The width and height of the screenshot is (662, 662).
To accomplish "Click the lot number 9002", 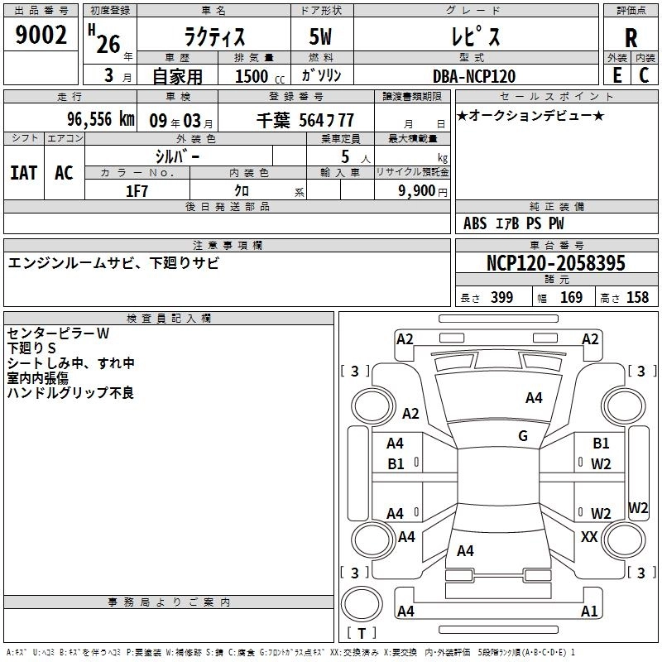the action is point(41,36).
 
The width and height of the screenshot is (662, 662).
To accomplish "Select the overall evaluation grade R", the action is point(631,37).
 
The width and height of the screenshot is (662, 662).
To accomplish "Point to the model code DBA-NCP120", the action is point(474,76).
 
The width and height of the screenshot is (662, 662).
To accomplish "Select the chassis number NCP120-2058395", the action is point(556,264).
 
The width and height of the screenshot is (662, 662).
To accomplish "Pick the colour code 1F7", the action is point(137,189).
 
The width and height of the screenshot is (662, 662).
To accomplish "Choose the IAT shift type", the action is point(23,173).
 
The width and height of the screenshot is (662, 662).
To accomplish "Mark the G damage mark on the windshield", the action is point(523,436).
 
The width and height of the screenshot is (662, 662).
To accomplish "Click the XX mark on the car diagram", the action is point(589,537).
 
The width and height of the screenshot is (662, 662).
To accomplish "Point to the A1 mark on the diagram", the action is point(589,612).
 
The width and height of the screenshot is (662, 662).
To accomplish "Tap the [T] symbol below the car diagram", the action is point(362,634).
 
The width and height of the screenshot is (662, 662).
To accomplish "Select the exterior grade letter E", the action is point(616,75).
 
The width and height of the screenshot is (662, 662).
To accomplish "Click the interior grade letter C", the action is point(645,75).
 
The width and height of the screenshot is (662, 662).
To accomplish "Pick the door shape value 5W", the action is point(322,37).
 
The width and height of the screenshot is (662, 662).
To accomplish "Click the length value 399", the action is point(501,298).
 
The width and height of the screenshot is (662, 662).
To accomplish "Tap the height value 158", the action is point(637,298).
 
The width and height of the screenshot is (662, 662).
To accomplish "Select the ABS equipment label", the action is point(475,223).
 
